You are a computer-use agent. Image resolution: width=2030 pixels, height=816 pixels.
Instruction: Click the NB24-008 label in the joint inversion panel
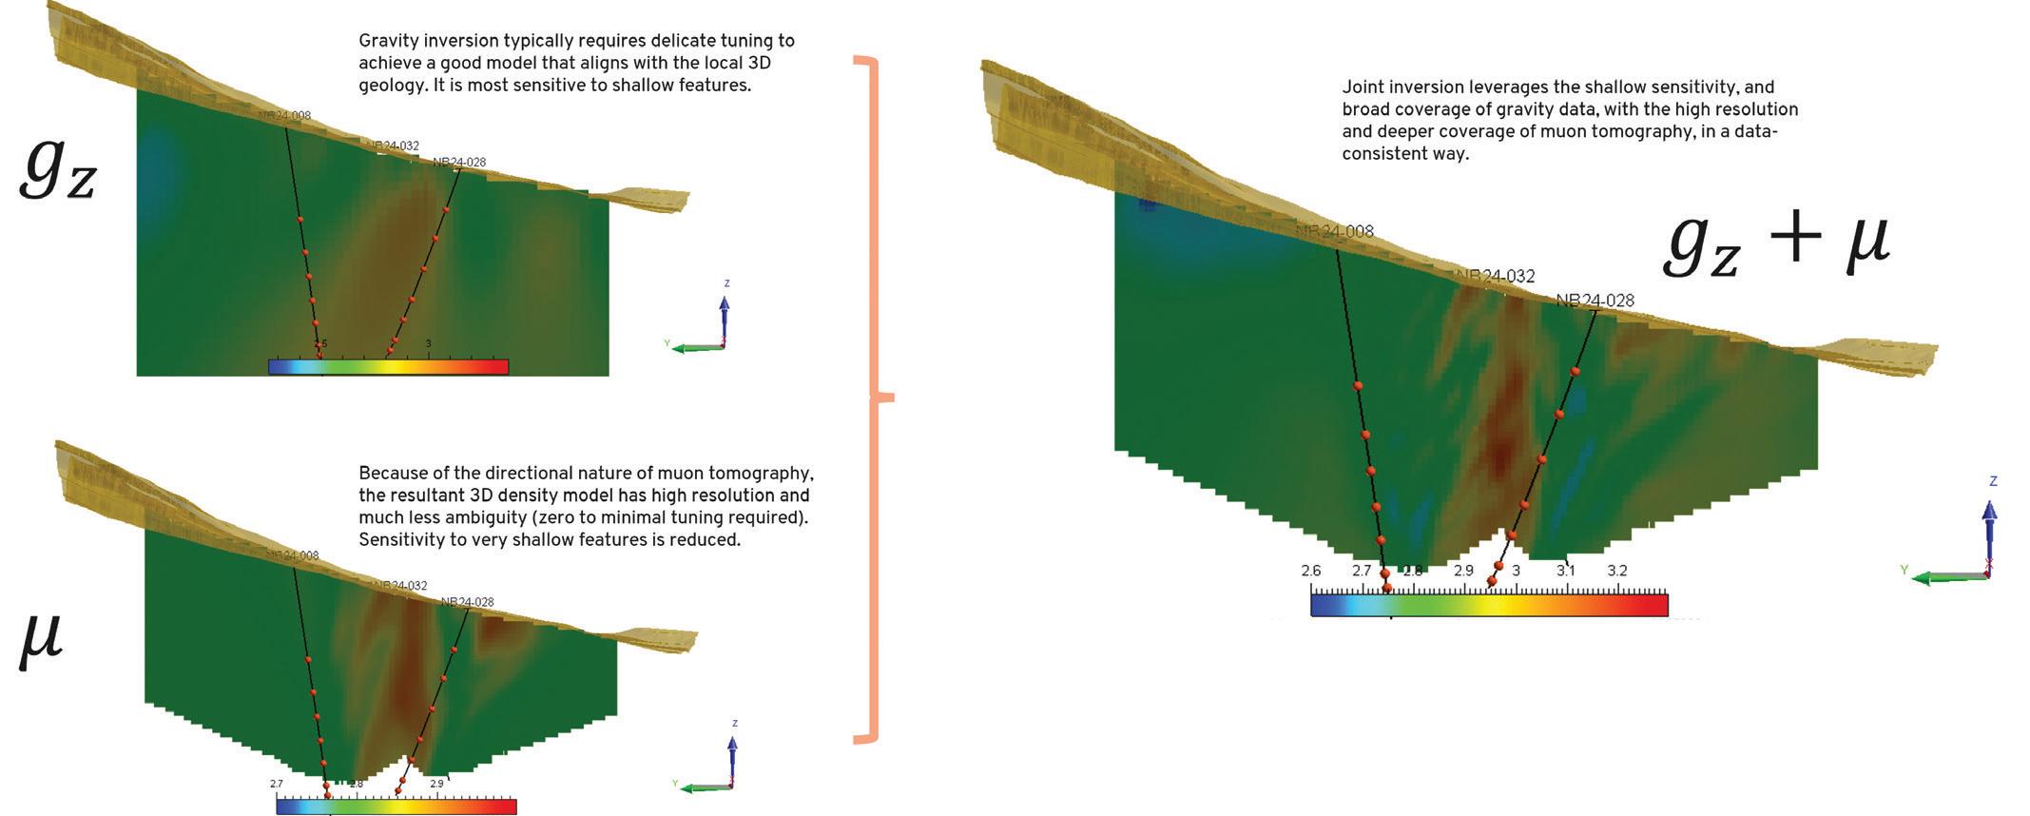pos(1335,232)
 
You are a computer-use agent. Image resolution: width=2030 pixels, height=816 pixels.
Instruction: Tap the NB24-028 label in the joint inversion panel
pos(1595,301)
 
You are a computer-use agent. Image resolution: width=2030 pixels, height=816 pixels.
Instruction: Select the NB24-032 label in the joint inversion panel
pos(1496,277)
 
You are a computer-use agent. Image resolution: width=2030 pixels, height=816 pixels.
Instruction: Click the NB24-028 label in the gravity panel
pos(459,163)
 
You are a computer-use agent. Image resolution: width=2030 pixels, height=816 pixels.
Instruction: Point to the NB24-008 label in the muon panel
pos(293,555)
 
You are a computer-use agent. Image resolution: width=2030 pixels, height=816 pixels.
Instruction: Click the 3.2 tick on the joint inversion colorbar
pos(1616,571)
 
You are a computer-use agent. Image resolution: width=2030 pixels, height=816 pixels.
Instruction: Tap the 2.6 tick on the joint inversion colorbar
pos(1311,571)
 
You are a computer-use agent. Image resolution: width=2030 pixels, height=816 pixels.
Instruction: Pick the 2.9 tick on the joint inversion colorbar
pos(1463,571)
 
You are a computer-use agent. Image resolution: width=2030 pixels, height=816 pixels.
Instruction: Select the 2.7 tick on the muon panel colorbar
pos(277,784)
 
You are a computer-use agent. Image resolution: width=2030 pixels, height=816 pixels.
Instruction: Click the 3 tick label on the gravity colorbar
pos(429,343)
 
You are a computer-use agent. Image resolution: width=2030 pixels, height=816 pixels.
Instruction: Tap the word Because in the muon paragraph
pos(390,474)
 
